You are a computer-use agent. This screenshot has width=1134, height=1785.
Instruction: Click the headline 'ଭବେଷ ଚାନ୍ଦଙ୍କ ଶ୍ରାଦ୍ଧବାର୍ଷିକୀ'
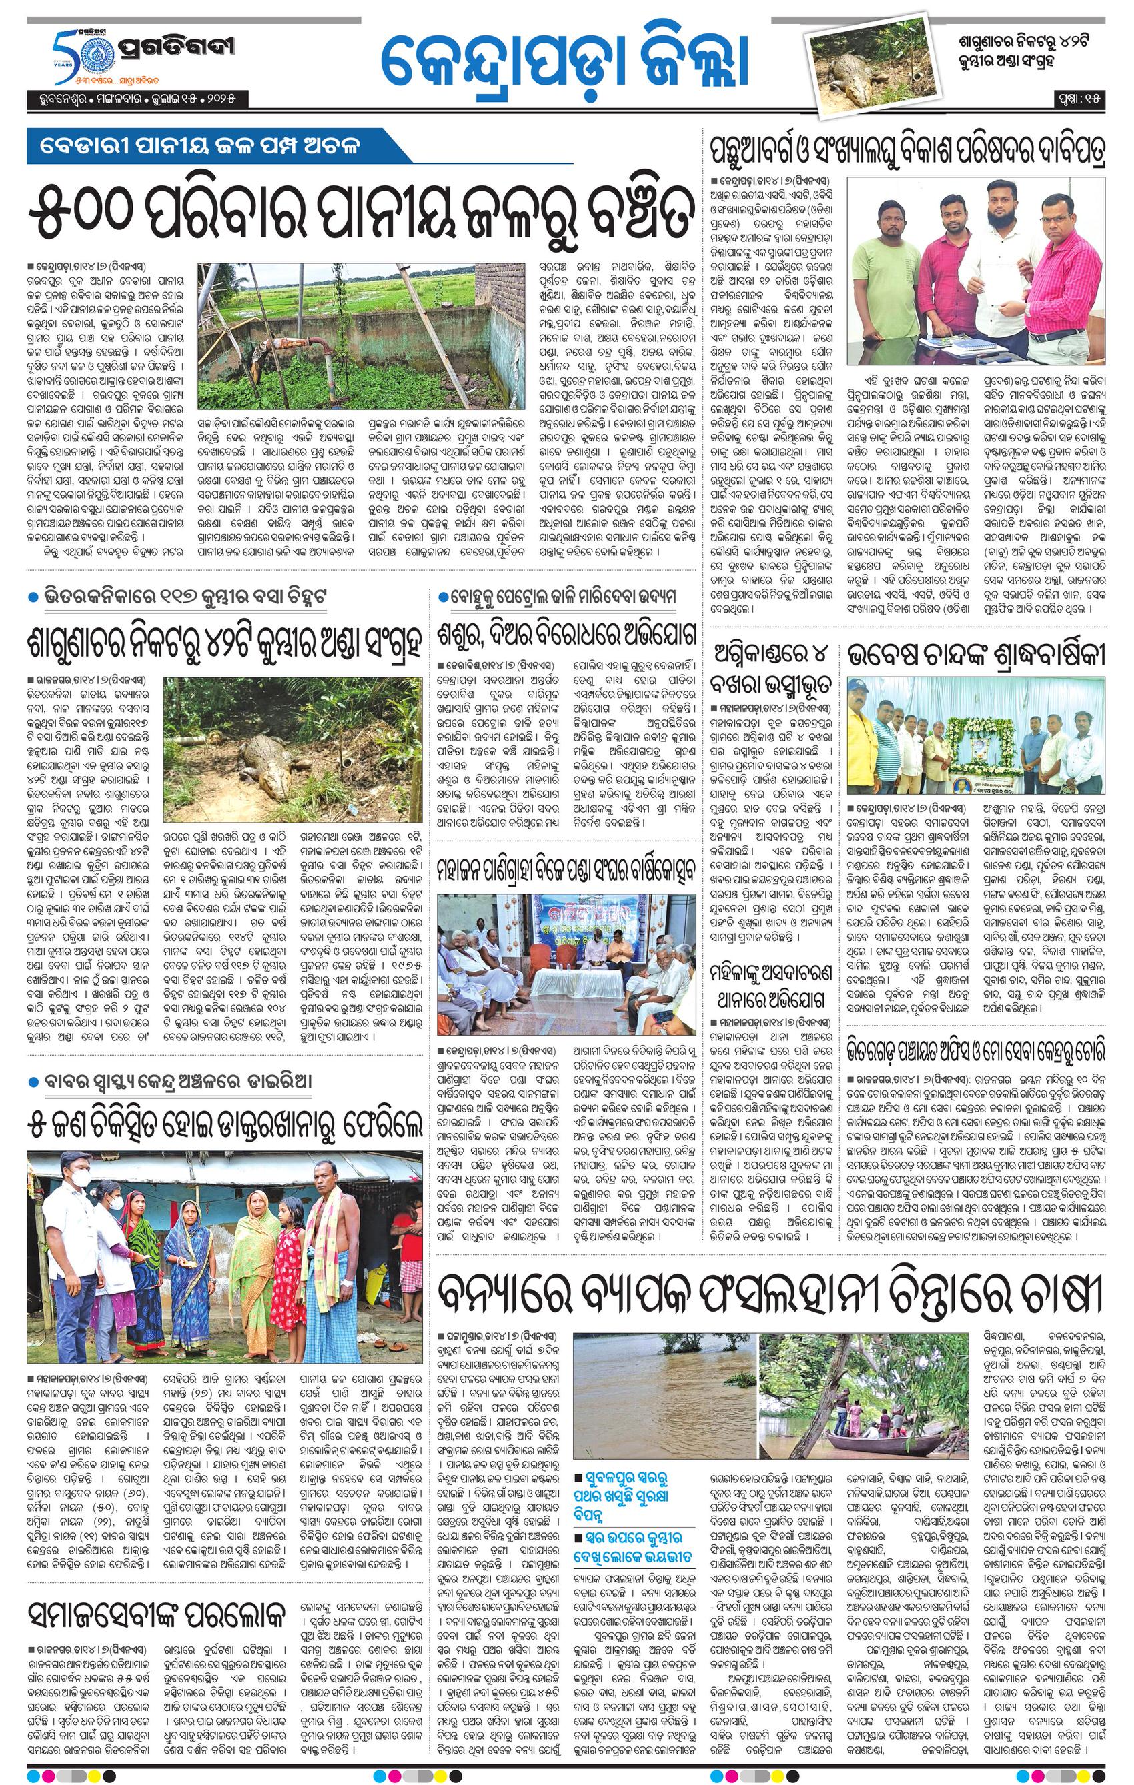[x=977, y=655]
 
